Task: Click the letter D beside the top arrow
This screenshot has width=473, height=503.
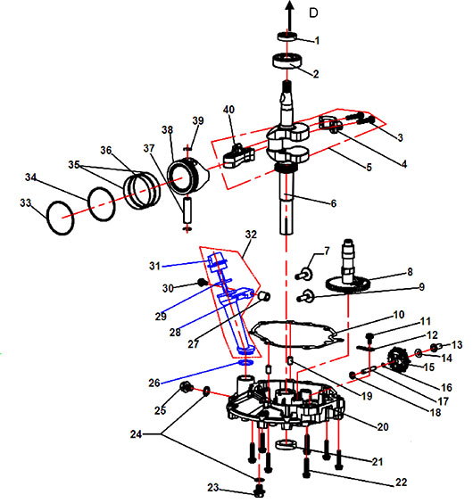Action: [313, 12]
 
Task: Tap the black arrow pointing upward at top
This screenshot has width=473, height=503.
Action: [290, 15]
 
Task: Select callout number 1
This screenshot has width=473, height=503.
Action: [317, 41]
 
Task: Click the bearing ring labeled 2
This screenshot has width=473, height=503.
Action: [287, 61]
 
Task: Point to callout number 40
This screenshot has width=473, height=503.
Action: [229, 110]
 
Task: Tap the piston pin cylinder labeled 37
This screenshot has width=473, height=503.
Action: [187, 210]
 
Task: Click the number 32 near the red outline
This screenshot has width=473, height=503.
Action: [251, 235]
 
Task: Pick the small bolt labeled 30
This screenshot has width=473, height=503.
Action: [202, 283]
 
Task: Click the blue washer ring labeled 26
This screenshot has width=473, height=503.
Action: [245, 362]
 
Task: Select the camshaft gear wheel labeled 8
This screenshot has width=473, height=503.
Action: [348, 284]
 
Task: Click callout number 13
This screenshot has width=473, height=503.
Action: [457, 345]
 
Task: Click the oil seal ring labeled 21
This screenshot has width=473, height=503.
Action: [286, 445]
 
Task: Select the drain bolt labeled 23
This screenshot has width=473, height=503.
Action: [260, 491]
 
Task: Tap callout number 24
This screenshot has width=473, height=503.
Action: [136, 434]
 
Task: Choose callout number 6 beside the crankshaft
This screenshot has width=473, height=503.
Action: [334, 203]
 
